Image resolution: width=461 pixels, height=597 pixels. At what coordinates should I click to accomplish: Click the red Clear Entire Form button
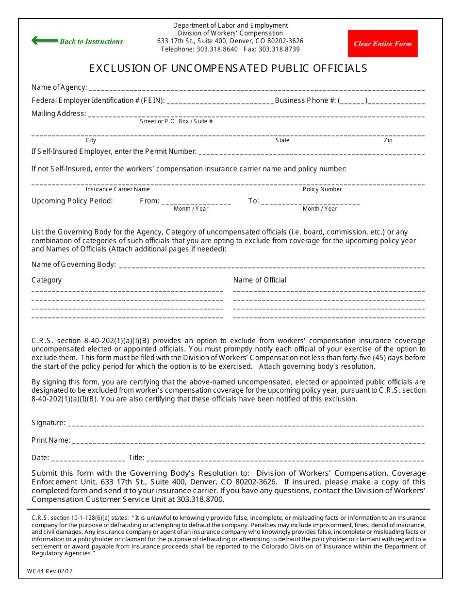(382, 44)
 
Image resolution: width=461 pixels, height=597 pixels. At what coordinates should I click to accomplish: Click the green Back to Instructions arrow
(45, 41)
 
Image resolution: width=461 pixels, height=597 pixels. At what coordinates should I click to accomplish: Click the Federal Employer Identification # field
(220, 101)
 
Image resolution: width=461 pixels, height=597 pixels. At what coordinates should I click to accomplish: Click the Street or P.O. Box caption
(176, 121)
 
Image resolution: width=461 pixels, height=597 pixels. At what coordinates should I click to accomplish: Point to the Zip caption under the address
(388, 140)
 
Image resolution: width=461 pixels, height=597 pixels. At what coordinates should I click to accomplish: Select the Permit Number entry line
(311, 152)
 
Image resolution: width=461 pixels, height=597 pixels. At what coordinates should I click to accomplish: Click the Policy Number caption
(322, 189)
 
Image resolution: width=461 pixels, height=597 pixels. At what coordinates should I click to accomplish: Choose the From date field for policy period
(196, 202)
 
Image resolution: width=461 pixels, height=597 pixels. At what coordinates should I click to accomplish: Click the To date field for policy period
(311, 202)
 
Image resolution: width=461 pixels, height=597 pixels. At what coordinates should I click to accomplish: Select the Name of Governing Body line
(271, 265)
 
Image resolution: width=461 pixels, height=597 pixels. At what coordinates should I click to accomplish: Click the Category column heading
(47, 280)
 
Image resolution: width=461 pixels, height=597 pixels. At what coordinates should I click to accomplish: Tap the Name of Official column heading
(260, 280)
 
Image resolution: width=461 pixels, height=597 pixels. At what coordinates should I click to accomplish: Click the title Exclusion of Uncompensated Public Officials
(228, 68)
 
